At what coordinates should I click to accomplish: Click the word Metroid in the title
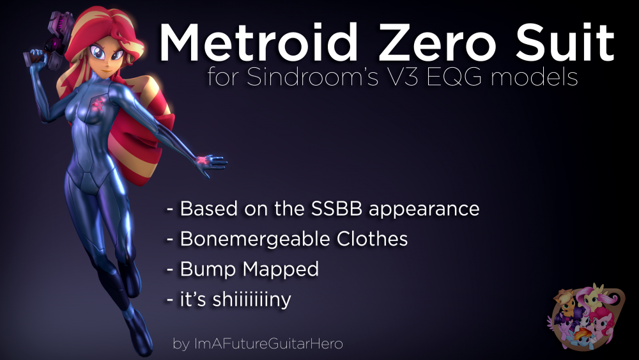click(x=258, y=42)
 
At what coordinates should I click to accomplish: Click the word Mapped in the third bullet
click(x=281, y=269)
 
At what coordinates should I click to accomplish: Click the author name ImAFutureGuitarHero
click(x=268, y=343)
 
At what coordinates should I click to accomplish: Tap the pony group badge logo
click(x=586, y=317)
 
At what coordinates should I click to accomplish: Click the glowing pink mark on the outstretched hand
click(x=203, y=160)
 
